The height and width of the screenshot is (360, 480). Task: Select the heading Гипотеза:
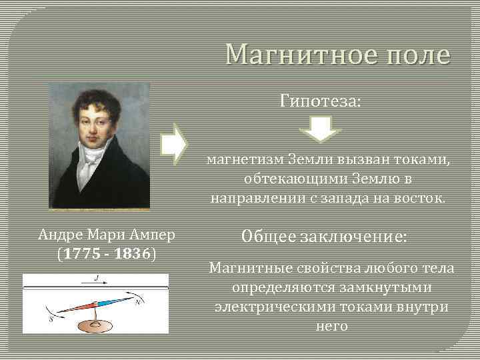pyautogui.click(x=321, y=101)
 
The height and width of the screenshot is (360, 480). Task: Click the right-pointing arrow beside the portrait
pyautogui.click(x=175, y=143)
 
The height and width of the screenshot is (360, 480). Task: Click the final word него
pyautogui.click(x=331, y=326)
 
